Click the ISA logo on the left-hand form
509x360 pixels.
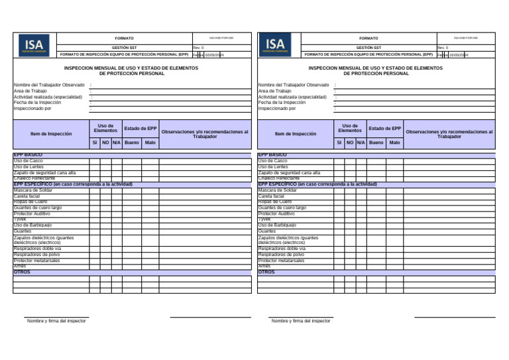[34, 44]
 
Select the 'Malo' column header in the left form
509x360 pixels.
[150, 143]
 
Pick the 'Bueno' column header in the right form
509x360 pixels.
[376, 143]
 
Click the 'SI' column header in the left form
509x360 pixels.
[95, 143]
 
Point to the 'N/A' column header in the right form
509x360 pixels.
[361, 143]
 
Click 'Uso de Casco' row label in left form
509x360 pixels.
[28, 161]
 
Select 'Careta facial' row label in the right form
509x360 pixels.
[271, 196]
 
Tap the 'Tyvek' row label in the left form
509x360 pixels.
[21, 219]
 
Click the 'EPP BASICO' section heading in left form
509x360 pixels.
[28, 154]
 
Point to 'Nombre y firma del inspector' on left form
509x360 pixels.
[56, 321]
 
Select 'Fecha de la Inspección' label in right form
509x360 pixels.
[282, 103]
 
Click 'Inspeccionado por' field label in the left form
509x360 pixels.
[34, 109]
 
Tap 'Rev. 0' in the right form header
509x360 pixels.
[443, 48]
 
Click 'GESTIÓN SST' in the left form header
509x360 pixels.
[124, 48]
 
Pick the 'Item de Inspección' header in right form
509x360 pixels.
[296, 134]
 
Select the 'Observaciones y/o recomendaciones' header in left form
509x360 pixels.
[205, 134]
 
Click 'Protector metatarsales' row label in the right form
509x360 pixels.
[282, 261]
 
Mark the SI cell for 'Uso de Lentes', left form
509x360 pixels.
[95, 167]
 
